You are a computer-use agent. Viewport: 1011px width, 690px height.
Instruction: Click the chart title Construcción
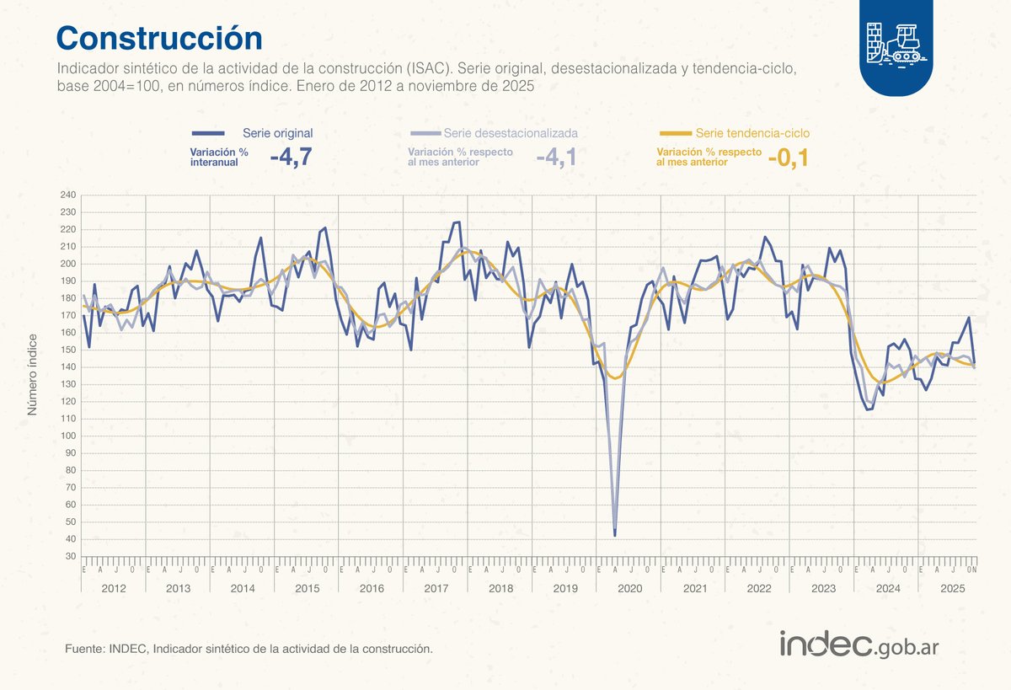pyautogui.click(x=159, y=38)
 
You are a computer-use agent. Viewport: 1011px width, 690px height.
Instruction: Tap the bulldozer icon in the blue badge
pyautogui.click(x=896, y=43)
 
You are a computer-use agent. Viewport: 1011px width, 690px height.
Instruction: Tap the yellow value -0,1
pyautogui.click(x=788, y=157)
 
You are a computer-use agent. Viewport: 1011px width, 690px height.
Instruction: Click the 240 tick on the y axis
pyautogui.click(x=67, y=195)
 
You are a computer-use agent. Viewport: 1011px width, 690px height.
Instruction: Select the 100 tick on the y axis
pyautogui.click(x=67, y=436)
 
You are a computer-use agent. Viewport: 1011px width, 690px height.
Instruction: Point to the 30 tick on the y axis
pyautogui.click(x=70, y=556)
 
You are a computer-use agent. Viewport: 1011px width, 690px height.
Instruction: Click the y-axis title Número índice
pyautogui.click(x=33, y=375)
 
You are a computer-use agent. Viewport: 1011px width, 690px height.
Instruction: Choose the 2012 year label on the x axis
pyautogui.click(x=113, y=587)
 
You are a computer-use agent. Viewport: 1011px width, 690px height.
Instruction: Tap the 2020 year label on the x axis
pyautogui.click(x=629, y=587)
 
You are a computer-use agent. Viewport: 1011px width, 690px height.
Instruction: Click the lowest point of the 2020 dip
pyautogui.click(x=615, y=535)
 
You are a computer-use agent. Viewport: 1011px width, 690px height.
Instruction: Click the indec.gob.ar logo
pyautogui.click(x=859, y=645)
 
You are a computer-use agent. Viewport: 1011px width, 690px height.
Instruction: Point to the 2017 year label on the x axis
pyautogui.click(x=436, y=587)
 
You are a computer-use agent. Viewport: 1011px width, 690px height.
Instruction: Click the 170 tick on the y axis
pyautogui.click(x=67, y=315)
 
